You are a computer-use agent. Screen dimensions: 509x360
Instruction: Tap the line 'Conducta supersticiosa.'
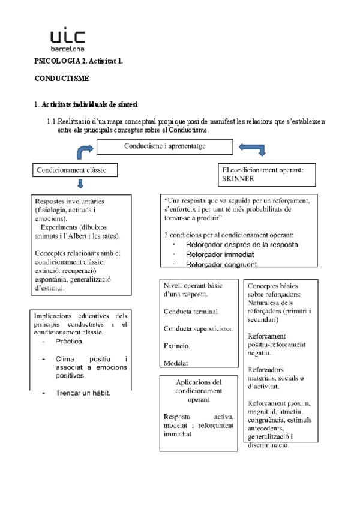point(197,328)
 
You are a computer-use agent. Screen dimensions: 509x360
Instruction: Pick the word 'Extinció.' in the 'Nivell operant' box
point(177,346)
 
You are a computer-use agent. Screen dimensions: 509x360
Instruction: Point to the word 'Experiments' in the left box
point(58,228)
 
